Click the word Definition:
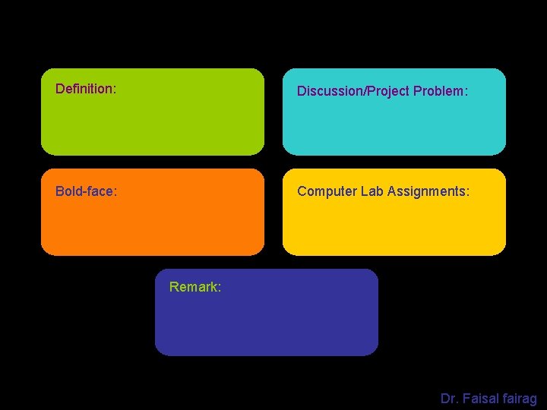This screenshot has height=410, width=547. pos(86,90)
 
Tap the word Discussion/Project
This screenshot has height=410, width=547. pos(353,91)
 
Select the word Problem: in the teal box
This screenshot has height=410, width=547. pos(441,91)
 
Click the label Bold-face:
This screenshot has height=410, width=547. pos(86,191)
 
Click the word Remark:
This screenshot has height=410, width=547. pos(195,287)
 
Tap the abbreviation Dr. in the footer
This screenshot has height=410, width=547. pos(449,398)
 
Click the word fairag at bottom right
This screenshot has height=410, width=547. pos(520,398)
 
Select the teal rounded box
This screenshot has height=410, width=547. pos(394,125)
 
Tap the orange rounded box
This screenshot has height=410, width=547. pos(153,224)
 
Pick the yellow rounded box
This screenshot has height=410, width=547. pos(394,224)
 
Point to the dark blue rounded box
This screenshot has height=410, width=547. pos(266,323)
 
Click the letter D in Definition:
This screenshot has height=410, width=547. pos(60,90)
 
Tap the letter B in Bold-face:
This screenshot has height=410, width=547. pos(59,191)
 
